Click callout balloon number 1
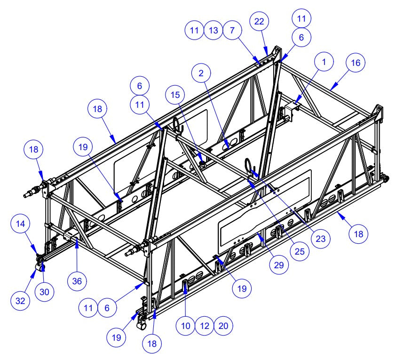325,62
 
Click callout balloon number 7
232,31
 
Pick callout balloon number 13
213,31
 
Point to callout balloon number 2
201,73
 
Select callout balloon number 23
321,239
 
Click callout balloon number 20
223,326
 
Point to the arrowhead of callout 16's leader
330,88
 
